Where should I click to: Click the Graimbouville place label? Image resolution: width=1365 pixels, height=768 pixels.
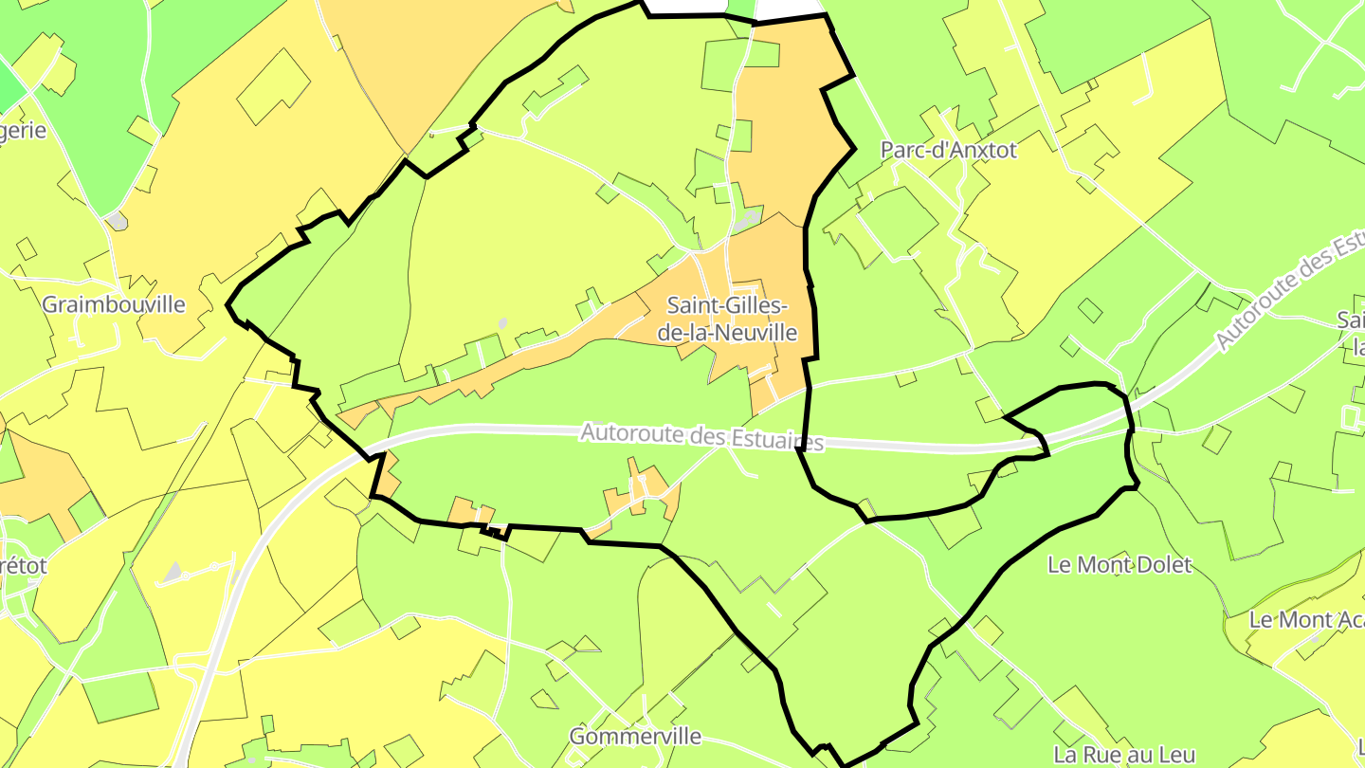click(114, 304)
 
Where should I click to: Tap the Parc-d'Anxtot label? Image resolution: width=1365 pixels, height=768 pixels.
click(948, 150)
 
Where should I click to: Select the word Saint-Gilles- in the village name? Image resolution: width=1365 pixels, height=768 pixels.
click(727, 306)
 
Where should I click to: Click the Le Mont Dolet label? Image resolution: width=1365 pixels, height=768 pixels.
click(1119, 565)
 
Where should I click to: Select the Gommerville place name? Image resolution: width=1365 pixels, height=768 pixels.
click(635, 736)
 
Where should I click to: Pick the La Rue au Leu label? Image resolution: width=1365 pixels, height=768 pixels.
click(1125, 755)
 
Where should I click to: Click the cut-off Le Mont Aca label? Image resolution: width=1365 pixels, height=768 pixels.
click(1306, 620)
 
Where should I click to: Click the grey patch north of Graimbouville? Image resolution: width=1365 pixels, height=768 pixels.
click(117, 221)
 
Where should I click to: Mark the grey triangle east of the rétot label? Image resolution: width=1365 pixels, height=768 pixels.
click(173, 572)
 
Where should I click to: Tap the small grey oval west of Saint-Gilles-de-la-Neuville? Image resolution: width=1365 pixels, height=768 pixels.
click(502, 323)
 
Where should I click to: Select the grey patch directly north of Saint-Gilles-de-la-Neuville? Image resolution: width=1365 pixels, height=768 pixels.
click(748, 221)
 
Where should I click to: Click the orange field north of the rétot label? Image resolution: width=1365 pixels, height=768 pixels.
click(43, 479)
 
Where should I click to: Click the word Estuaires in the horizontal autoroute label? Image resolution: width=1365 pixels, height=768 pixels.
click(777, 440)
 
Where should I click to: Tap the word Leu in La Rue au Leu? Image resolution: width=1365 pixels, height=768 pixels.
click(1176, 755)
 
